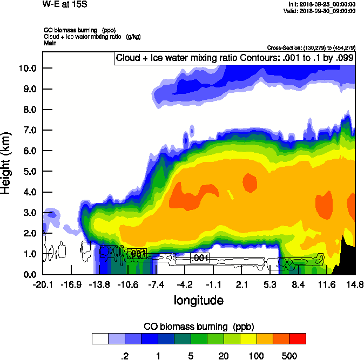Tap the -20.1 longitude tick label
(42, 284)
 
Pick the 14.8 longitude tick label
(355, 284)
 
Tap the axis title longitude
(198, 300)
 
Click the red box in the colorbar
(298, 338)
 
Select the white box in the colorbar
(100, 338)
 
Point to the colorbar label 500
(289, 356)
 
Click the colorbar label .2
(124, 356)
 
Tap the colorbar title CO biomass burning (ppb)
(199, 327)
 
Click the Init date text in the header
(322, 4)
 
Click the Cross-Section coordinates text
(311, 48)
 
